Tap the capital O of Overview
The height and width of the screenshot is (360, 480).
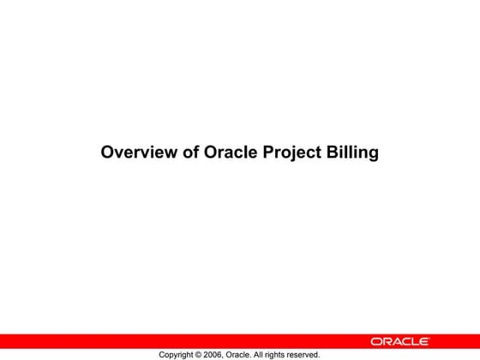coord(108,154)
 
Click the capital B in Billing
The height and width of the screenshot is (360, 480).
coord(333,154)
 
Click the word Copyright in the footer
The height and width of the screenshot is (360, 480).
coord(178,354)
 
